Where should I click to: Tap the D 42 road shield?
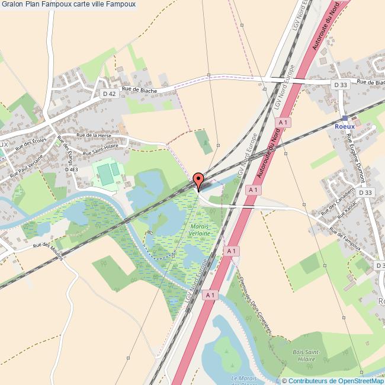[x=109, y=94]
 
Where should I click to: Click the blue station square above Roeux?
[x=345, y=118]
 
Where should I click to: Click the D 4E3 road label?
[x=71, y=169]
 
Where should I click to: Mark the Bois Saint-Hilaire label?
[x=306, y=355]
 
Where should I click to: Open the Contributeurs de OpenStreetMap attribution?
[x=336, y=381]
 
